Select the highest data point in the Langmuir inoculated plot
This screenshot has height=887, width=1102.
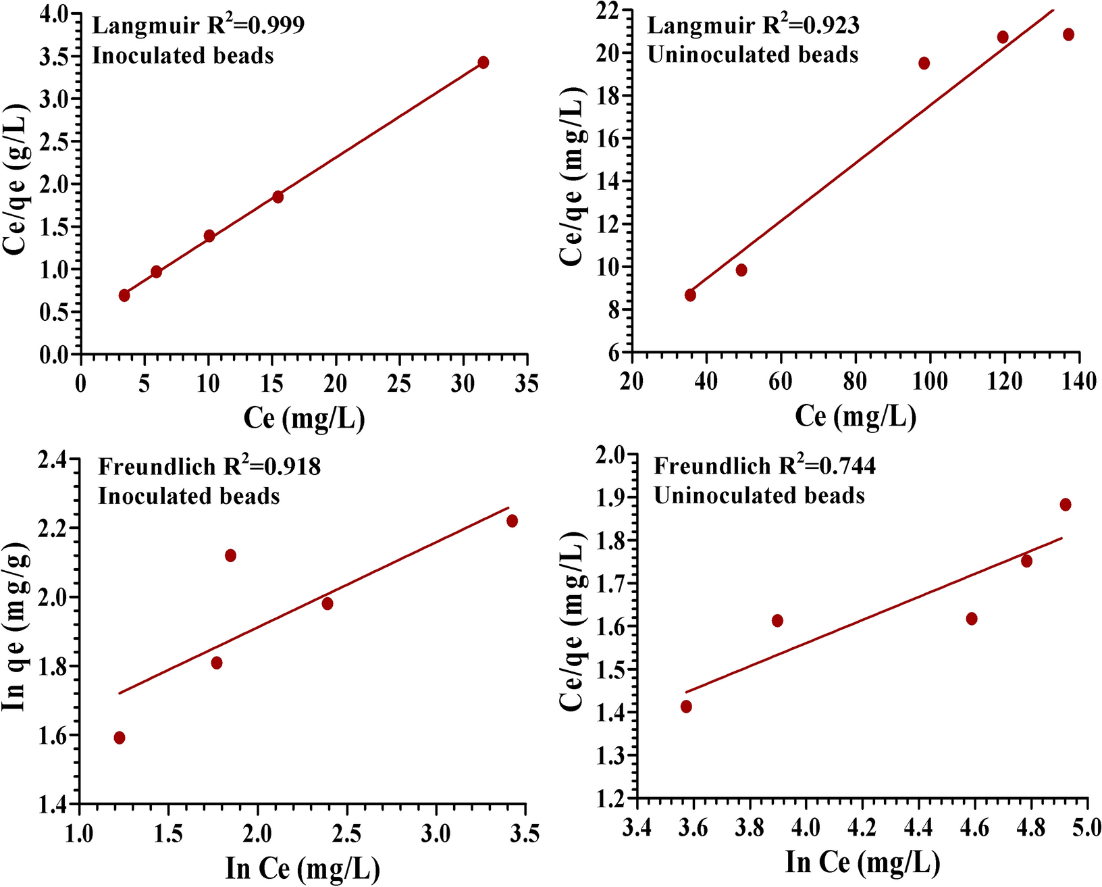pos(483,62)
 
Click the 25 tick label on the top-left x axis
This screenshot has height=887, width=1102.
pos(399,384)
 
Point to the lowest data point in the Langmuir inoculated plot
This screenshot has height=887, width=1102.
pos(124,295)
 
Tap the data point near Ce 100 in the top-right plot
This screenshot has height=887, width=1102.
pos(924,64)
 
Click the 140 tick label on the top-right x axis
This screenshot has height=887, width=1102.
pos(1079,382)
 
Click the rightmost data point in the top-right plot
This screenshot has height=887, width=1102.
pos(1068,34)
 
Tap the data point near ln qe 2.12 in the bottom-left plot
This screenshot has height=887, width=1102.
pos(230,555)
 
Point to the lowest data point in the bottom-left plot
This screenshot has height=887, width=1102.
pos(120,738)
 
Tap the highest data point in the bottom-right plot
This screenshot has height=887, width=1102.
pos(1066,505)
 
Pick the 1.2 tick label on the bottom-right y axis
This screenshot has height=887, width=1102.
pos(610,798)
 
